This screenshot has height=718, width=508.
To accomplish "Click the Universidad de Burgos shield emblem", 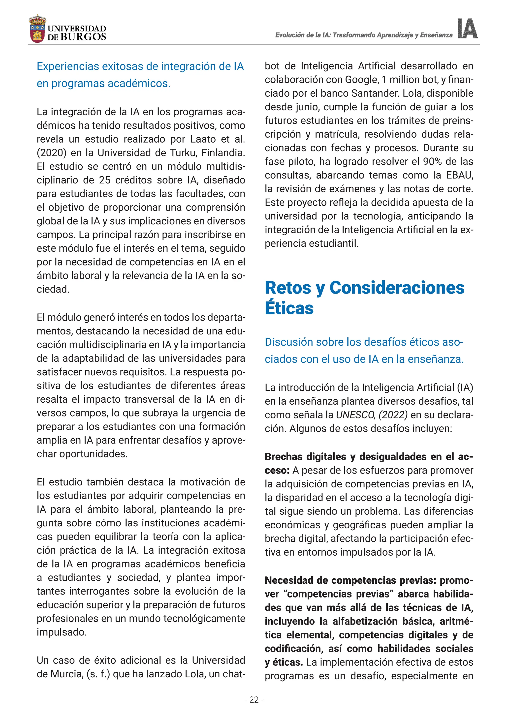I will click(37, 29).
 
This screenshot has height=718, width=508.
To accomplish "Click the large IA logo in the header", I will click(467, 29).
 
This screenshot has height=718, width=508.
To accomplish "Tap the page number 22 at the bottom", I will click(254, 700).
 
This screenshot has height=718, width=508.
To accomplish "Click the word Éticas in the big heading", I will click(289, 308).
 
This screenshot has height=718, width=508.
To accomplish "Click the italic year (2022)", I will click(393, 415).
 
